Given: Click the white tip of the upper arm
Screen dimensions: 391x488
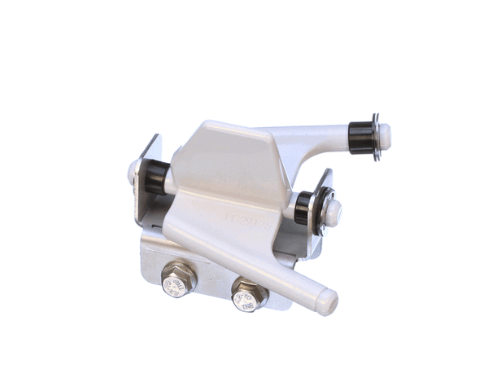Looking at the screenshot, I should (x=384, y=135).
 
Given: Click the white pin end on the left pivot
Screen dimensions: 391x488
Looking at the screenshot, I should (x=133, y=172).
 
